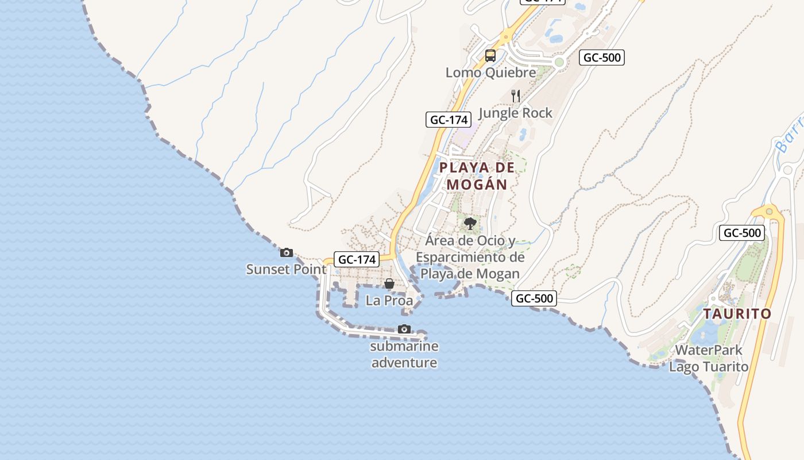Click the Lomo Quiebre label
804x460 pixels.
pos(490,72)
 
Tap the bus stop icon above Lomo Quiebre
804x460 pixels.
pos(490,56)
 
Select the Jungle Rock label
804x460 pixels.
pos(515,113)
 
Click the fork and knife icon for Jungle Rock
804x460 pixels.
pos(516,96)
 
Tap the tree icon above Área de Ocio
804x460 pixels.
pos(470,223)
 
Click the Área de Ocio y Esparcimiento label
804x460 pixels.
pos(470,257)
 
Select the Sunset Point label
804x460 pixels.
pos(286,269)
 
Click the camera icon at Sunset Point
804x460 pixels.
pos(286,252)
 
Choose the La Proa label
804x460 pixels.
pos(389,301)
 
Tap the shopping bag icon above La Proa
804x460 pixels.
pos(389,283)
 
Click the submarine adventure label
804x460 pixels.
pos(404,354)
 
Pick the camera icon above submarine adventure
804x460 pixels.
pos(404,329)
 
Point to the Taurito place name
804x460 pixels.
pos(737,314)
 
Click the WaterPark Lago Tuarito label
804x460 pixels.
pos(709,358)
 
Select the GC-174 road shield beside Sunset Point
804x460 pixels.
pos(357,259)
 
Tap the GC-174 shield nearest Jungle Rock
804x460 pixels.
pos(449,120)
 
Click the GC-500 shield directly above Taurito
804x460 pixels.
pos(742,233)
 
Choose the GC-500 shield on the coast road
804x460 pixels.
pos(534,298)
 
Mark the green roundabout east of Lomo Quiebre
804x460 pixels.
pos(559,62)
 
